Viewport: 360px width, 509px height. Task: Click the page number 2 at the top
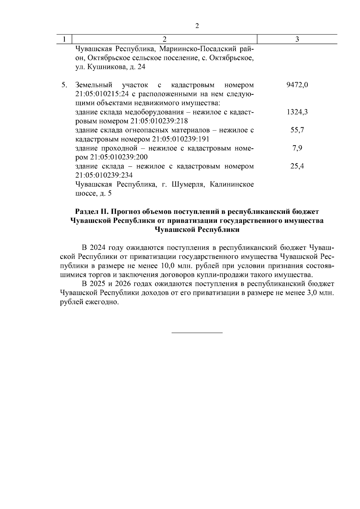(x=197, y=26)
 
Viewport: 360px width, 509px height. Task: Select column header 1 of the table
(x=65, y=39)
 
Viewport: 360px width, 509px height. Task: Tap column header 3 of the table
(x=297, y=39)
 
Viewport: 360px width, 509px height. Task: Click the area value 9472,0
(x=297, y=85)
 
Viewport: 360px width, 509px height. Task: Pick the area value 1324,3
(x=297, y=112)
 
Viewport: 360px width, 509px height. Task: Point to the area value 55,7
(x=297, y=130)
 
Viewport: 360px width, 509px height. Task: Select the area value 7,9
(x=297, y=148)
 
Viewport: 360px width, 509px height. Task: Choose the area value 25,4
(x=297, y=166)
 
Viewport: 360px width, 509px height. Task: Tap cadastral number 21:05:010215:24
(x=102, y=94)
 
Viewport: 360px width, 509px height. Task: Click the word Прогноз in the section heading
(x=126, y=212)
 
